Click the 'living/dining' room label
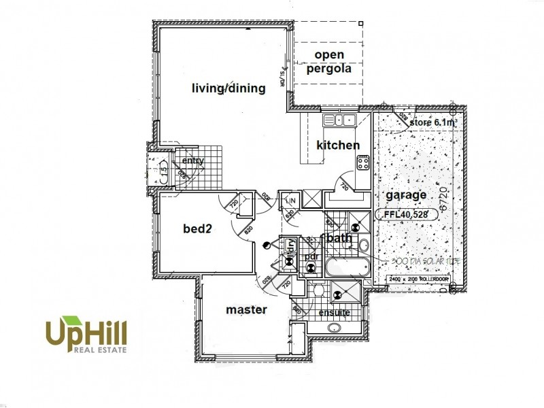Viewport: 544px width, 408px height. (x=228, y=88)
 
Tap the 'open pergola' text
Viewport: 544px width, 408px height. (x=329, y=61)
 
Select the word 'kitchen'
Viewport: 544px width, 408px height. (x=338, y=145)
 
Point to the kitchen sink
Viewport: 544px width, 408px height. (x=339, y=120)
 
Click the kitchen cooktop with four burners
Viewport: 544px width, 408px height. (x=362, y=163)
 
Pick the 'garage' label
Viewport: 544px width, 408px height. (x=407, y=195)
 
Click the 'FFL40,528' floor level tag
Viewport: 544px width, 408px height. (x=405, y=214)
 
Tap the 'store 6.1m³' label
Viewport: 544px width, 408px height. (x=433, y=122)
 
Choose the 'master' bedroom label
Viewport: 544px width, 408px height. (x=246, y=309)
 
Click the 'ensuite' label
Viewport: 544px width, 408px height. (x=334, y=312)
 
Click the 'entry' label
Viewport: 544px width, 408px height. (x=192, y=160)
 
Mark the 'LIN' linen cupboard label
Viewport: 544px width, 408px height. (x=290, y=201)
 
